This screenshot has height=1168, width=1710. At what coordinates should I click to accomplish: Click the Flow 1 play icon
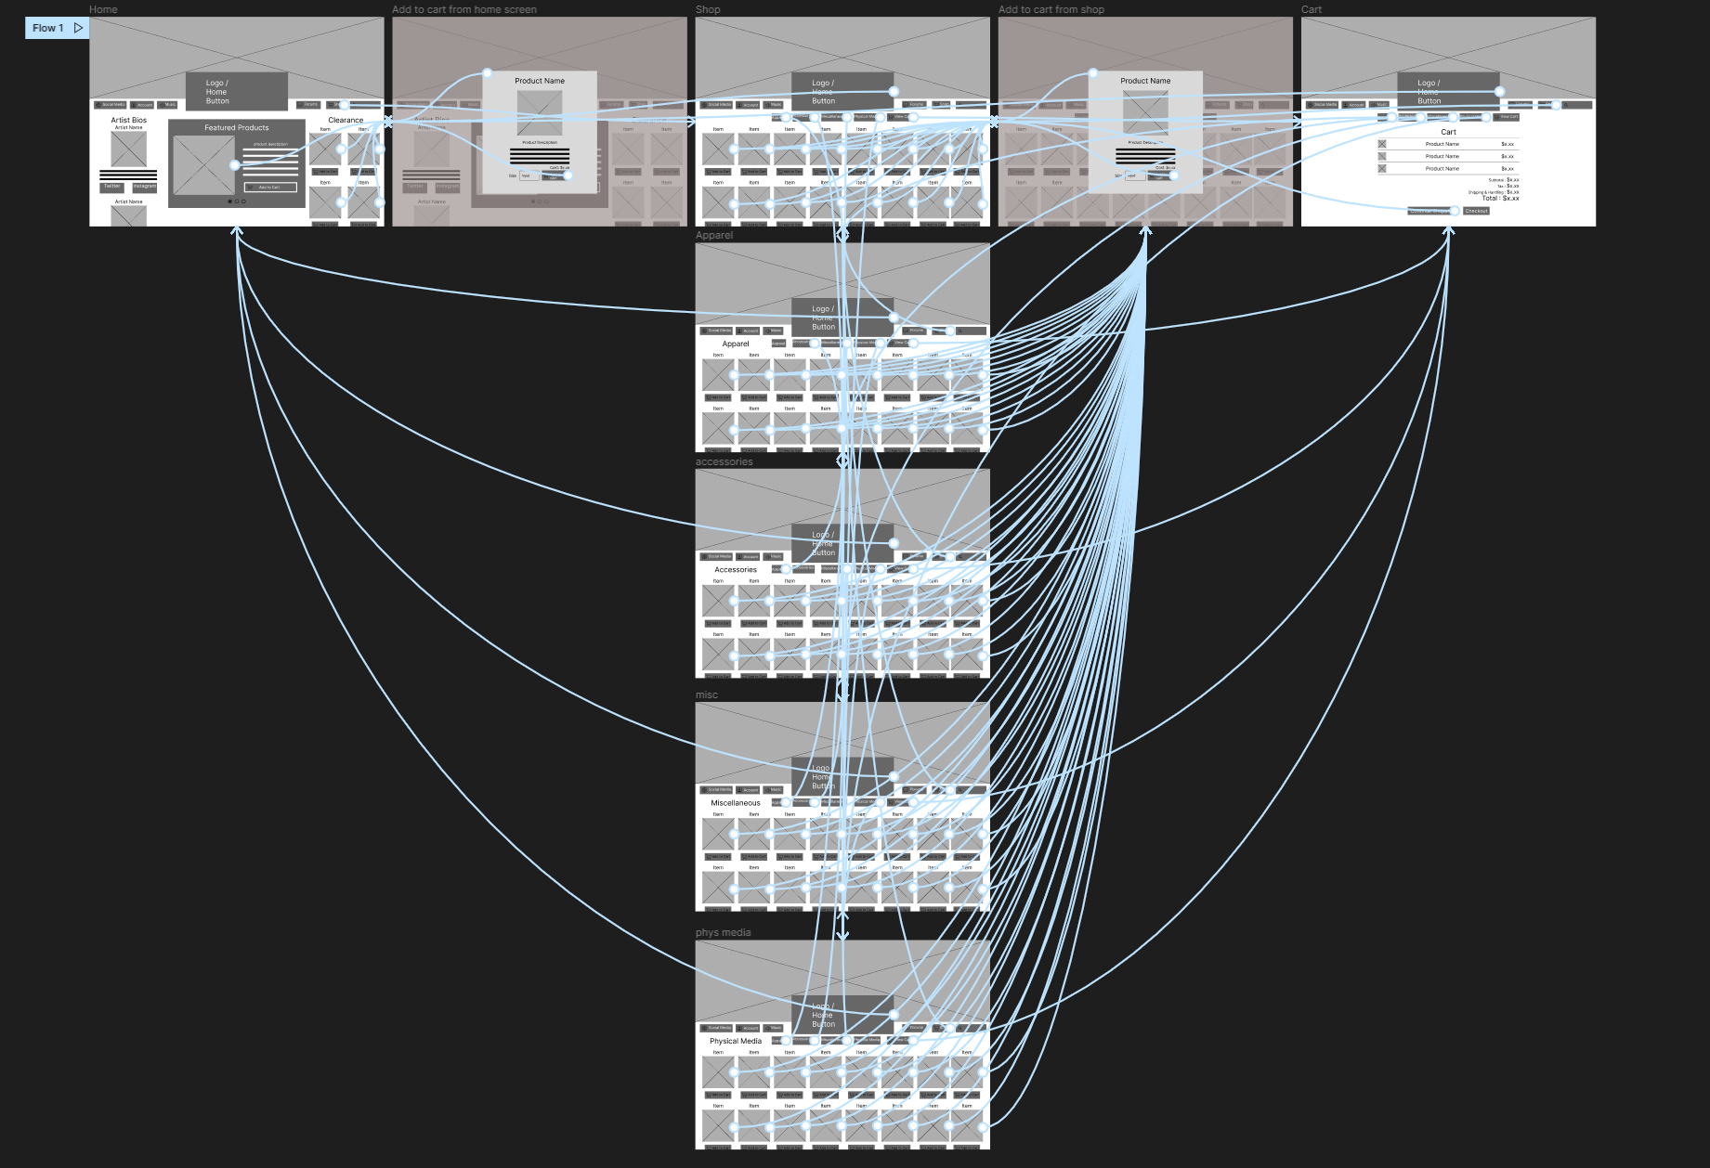pos(78,28)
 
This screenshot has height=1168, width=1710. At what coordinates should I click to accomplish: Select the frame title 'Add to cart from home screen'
pos(463,9)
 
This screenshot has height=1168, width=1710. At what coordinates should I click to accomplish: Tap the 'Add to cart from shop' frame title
pos(1051,9)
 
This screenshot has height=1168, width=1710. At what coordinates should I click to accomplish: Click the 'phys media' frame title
pos(723,932)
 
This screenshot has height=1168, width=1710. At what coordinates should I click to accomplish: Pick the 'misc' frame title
pos(706,694)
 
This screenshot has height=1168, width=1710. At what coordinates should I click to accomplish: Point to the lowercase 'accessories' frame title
pos(724,461)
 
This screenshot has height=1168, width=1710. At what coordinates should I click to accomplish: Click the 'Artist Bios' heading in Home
pos(128,120)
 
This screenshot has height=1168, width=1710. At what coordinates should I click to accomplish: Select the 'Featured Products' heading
pos(236,127)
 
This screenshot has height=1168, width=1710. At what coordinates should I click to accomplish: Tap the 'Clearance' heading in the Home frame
pos(346,120)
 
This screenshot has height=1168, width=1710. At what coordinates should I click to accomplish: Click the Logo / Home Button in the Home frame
pos(236,91)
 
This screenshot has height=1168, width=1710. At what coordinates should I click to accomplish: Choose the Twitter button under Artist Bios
pos(111,187)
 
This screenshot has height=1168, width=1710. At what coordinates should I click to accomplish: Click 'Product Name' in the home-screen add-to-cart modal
pos(539,81)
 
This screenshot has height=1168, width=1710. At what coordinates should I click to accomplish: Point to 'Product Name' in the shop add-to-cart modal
pos(1144,81)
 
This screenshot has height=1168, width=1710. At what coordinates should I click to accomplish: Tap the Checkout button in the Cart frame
pos(1476,211)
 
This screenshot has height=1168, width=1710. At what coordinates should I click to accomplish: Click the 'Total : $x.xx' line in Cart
pos(1500,198)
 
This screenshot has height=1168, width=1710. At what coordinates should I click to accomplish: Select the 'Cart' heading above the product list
pos(1448,132)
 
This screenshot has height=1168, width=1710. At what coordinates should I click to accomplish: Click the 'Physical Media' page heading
pos(735,1041)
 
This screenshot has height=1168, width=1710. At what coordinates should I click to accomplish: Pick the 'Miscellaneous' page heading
pos(735,803)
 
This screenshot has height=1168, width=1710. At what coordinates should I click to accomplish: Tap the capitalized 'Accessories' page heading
pos(735,569)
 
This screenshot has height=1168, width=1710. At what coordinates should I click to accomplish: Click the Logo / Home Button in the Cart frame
pos(1447,91)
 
